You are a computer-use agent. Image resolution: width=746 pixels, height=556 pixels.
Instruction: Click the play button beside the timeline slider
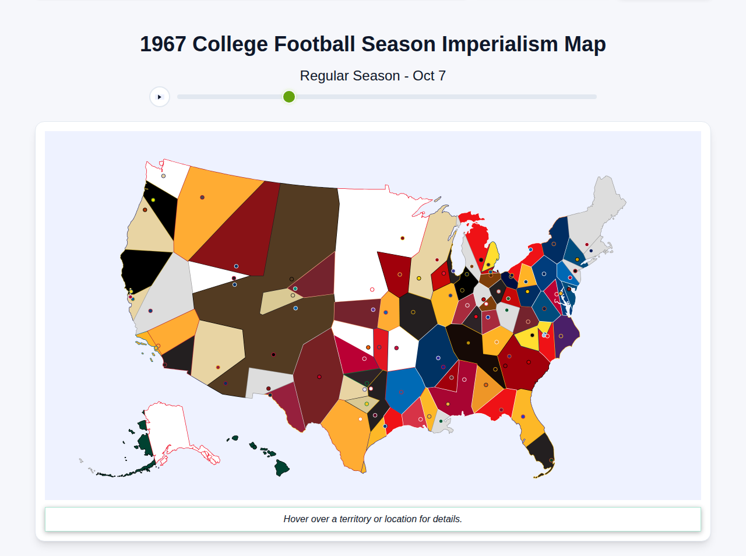160,97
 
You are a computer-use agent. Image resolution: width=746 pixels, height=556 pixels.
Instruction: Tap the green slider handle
289,97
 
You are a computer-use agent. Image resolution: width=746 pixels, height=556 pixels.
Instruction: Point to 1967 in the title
163,44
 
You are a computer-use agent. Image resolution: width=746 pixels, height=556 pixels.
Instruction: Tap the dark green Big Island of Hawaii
282,467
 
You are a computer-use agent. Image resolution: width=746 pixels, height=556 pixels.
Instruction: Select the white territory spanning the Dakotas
361,233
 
